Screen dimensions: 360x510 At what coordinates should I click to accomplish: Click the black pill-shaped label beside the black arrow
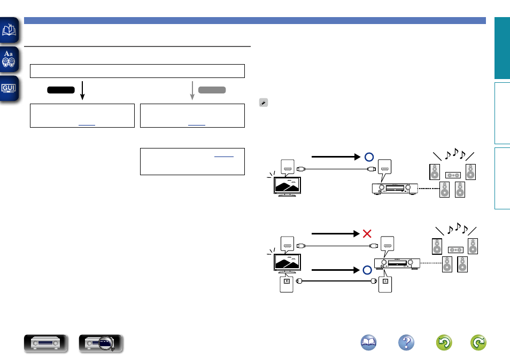click(x=60, y=90)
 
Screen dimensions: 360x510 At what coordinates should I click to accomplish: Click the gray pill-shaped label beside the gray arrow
click(x=212, y=90)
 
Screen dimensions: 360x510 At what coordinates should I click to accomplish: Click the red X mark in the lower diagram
click(x=367, y=233)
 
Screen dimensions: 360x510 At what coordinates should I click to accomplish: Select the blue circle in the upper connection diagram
click(x=368, y=157)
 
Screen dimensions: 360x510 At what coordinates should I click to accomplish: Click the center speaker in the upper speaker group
click(x=452, y=174)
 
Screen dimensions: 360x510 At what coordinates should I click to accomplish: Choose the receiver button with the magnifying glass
click(x=101, y=343)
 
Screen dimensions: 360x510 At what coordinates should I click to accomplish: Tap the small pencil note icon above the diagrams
click(x=262, y=101)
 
